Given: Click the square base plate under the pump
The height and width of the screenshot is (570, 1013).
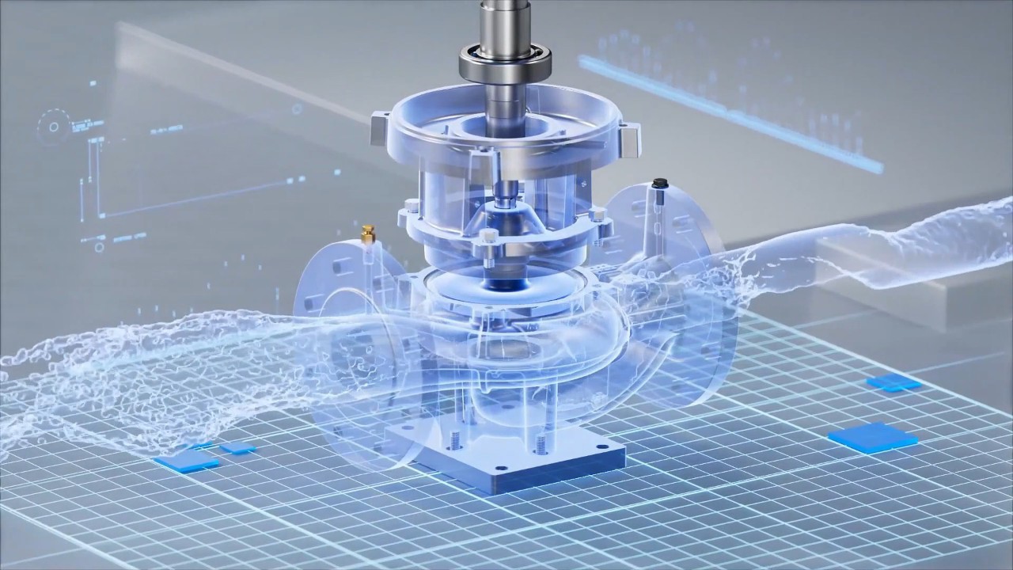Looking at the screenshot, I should tap(506, 455).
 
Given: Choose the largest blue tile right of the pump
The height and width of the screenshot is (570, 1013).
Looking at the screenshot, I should tap(872, 437).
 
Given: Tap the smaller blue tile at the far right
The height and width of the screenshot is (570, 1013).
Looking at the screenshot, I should tap(893, 383).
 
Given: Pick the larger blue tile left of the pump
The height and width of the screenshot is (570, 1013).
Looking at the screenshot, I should tap(187, 461).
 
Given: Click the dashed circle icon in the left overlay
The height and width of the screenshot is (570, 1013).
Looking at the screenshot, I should tap(54, 126).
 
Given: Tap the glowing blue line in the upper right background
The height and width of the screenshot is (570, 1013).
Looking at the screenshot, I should tap(728, 111).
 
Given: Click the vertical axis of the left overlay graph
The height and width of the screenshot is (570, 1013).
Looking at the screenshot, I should tap(98, 178).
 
